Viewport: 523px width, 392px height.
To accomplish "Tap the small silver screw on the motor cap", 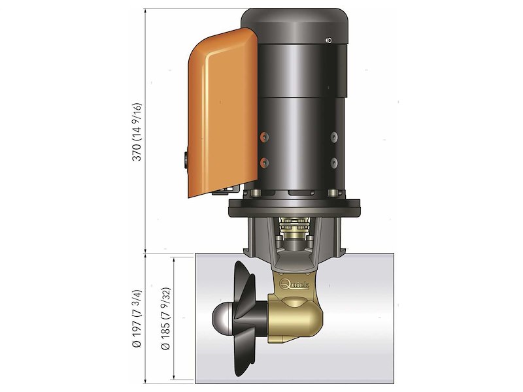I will pyautogui.click(x=329, y=41).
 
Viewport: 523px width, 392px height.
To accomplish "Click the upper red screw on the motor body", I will pyautogui.click(x=264, y=137).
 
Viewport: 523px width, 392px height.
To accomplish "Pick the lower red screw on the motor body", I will pyautogui.click(x=264, y=161).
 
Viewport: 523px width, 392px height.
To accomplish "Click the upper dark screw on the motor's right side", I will pyautogui.click(x=333, y=137).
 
